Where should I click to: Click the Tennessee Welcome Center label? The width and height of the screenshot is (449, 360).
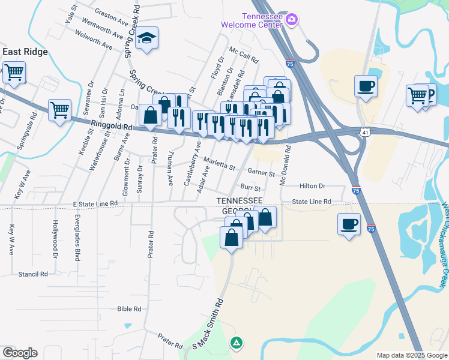click(x=252, y=20)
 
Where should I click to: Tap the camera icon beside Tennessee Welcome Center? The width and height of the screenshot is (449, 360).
click(x=292, y=20)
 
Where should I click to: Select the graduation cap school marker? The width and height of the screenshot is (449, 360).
click(x=146, y=40)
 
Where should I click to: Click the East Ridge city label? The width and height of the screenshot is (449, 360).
click(x=25, y=52)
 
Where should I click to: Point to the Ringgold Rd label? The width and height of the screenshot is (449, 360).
click(x=112, y=125)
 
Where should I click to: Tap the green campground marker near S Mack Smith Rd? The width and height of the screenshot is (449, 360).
click(x=237, y=343)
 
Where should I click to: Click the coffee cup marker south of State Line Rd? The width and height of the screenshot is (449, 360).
click(x=349, y=224)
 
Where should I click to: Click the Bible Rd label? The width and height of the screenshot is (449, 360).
click(x=130, y=309)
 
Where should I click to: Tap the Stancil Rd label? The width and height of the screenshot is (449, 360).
click(x=33, y=274)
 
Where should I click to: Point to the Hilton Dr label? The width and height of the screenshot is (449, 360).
click(x=312, y=186)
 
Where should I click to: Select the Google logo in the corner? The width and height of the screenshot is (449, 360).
click(x=19, y=353)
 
